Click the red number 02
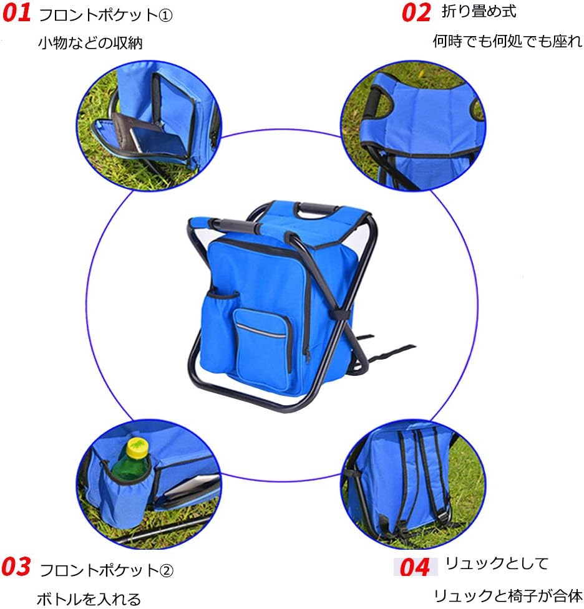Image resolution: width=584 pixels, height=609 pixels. (x=416, y=12)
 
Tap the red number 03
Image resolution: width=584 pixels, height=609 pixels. (x=16, y=567)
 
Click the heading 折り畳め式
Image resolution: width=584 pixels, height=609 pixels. (x=479, y=11)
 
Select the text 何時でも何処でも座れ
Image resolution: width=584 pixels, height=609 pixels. (x=507, y=42)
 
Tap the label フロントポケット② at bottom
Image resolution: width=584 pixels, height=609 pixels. (x=107, y=570)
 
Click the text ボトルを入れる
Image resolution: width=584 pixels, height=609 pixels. (x=89, y=599)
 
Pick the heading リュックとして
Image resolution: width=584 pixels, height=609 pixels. (x=497, y=564)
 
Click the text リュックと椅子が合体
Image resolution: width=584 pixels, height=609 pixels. (x=507, y=595)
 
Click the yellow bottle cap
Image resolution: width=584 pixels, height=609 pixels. (x=137, y=446)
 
